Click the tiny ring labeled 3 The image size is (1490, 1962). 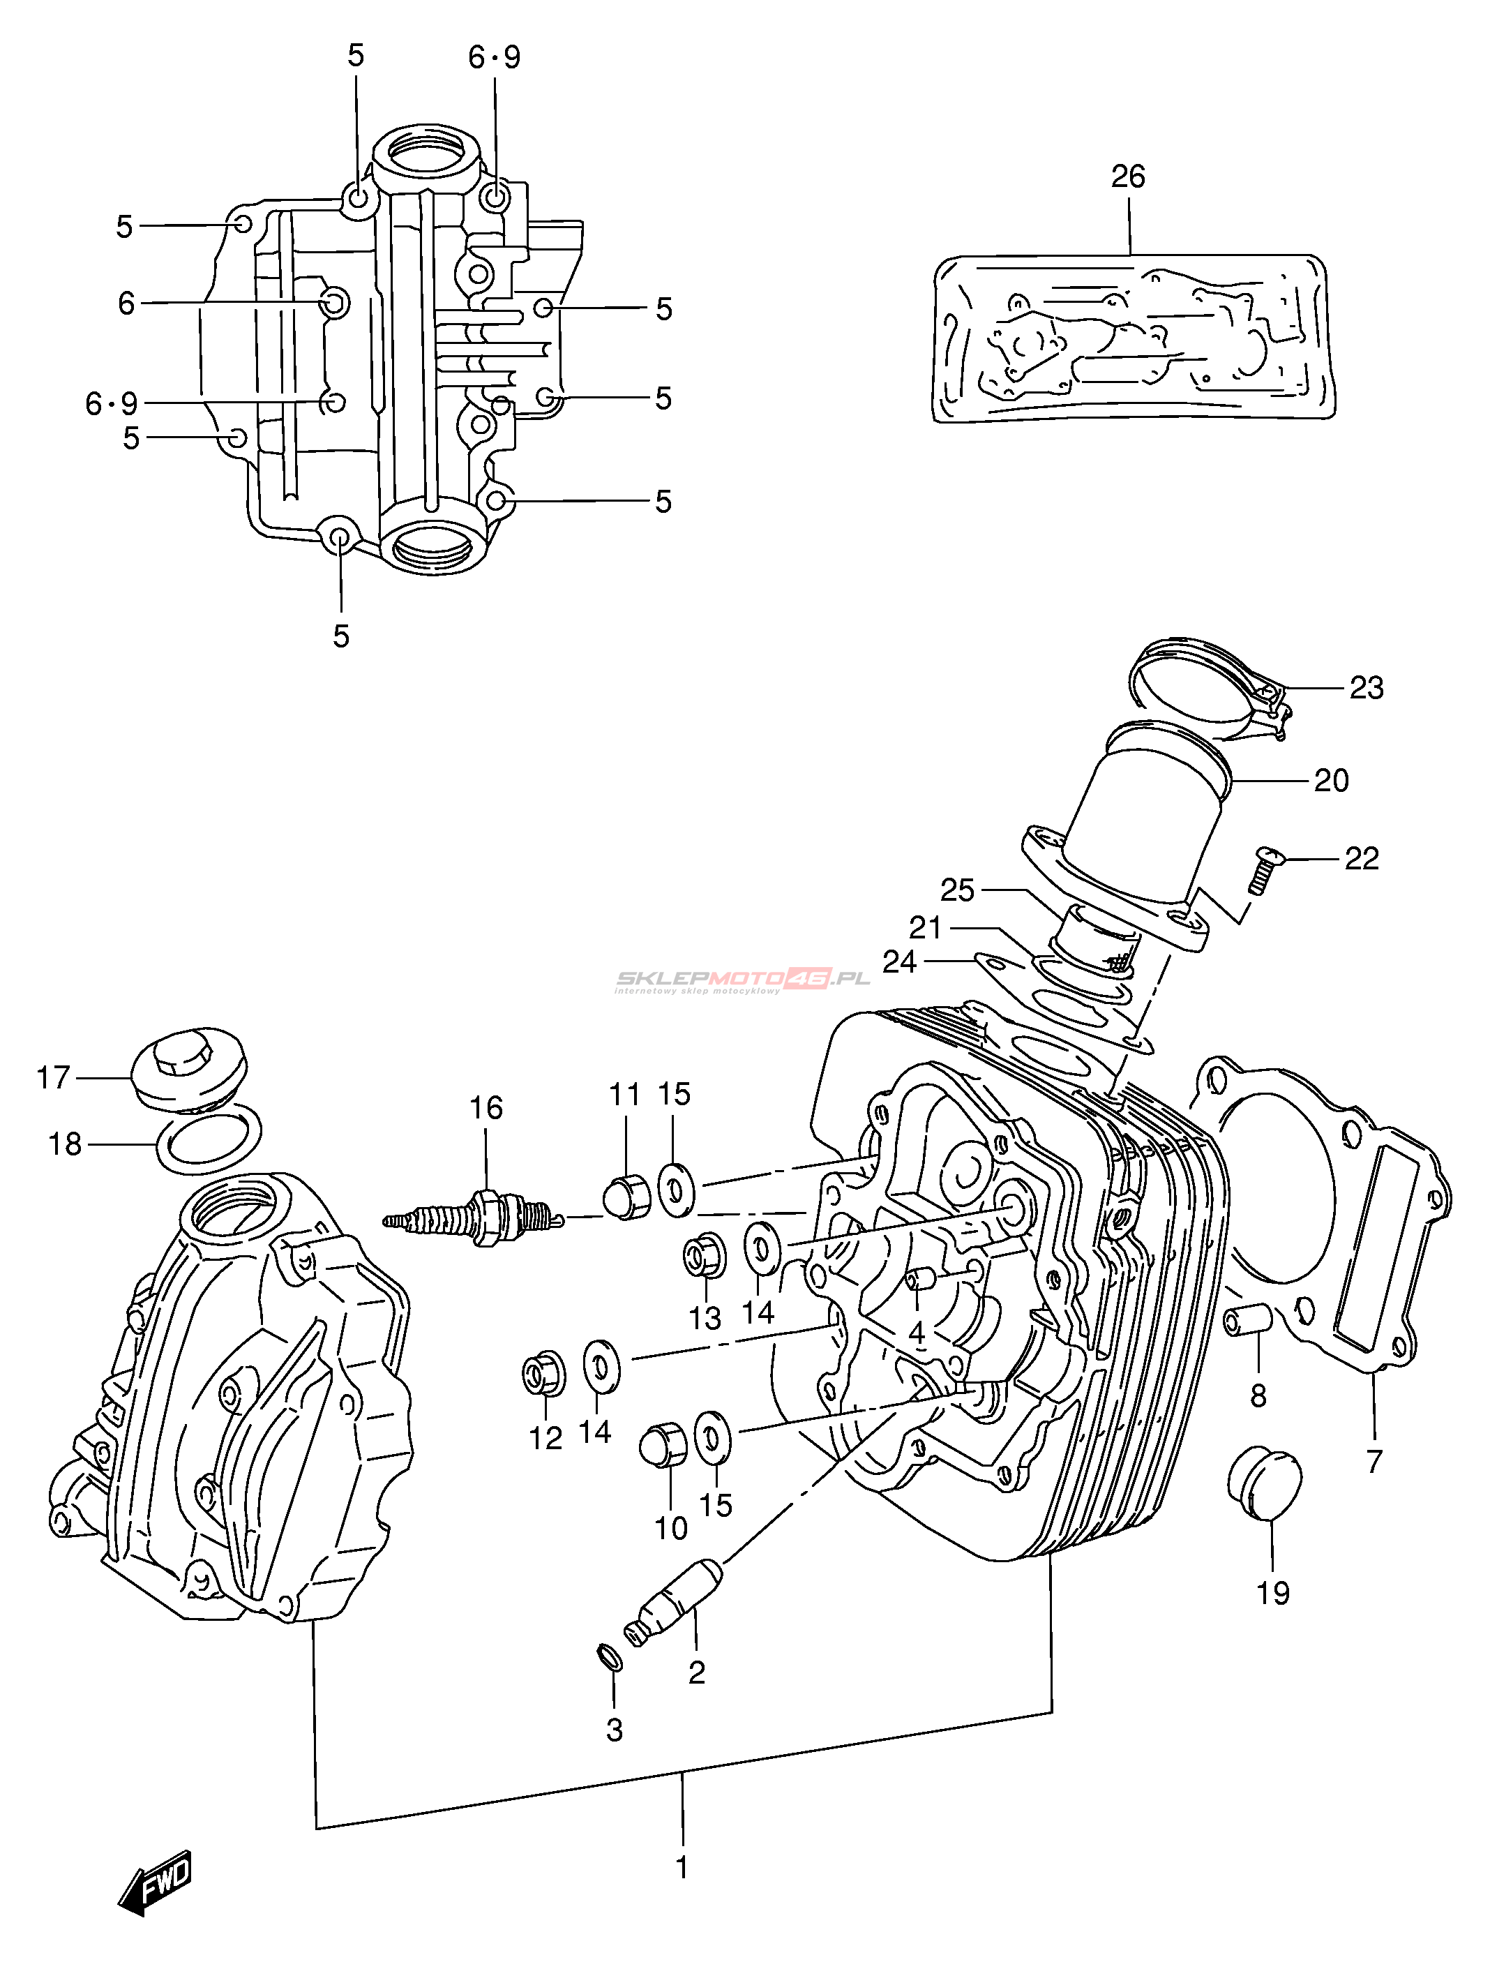click(x=608, y=1656)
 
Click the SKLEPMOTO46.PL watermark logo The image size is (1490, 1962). click(x=742, y=980)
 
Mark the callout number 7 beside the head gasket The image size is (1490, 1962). click(x=1374, y=1461)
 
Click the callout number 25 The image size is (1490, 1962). click(x=957, y=890)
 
